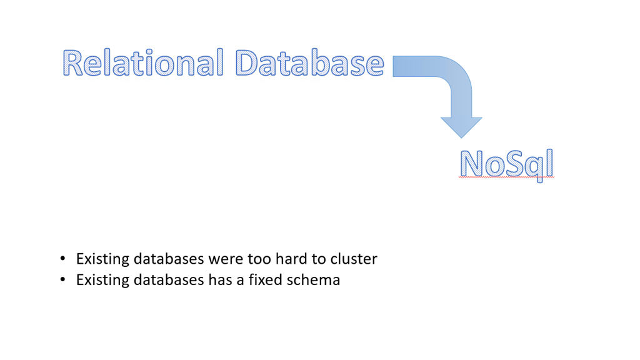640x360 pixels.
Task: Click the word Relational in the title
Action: [x=143, y=62]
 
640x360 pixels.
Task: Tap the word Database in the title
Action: [x=310, y=62]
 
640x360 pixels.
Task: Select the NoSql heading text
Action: [x=506, y=164]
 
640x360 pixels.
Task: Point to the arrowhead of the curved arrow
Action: [x=461, y=127]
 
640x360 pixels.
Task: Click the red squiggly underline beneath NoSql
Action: [x=506, y=177]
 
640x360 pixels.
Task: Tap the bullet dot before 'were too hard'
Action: [x=62, y=258]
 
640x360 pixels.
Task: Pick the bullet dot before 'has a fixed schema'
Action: [x=62, y=279]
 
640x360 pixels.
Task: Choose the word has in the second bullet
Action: [x=220, y=280]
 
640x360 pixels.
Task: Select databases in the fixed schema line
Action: [x=169, y=280]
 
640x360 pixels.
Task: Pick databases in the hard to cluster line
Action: [x=169, y=259]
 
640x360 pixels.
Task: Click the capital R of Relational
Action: [x=72, y=63]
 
